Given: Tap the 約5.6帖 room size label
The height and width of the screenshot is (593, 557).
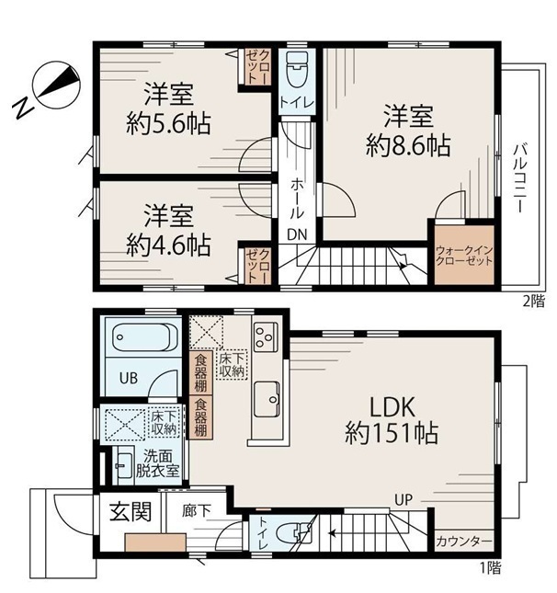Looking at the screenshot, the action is [x=168, y=123].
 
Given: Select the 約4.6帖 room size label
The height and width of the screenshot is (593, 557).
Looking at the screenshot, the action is [x=168, y=245].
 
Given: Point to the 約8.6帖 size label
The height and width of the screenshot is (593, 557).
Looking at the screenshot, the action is [x=408, y=145].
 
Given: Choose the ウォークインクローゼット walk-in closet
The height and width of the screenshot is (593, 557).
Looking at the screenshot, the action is [x=464, y=256].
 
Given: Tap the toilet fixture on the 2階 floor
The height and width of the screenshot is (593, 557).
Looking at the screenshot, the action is [x=298, y=70].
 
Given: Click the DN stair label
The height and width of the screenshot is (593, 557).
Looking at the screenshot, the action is [x=297, y=234].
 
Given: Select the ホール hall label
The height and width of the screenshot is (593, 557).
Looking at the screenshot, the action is [x=297, y=199].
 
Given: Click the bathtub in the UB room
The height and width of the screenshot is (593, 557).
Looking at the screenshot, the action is [x=145, y=337].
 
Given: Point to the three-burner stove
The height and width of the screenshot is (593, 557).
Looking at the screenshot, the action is [x=265, y=336].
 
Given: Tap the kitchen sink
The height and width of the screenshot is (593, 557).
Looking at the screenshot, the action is [x=267, y=399].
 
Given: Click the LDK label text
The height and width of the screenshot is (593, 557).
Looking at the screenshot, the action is [x=392, y=407].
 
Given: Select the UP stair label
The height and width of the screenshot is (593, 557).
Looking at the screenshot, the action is [x=404, y=499].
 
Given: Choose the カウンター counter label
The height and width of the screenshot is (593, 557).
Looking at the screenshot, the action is [x=464, y=542].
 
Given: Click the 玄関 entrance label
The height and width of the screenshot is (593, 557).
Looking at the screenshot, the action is [x=131, y=511].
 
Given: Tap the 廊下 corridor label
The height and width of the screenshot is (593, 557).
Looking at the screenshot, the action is [x=196, y=511].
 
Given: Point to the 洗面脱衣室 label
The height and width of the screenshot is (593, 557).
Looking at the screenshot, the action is [x=157, y=463].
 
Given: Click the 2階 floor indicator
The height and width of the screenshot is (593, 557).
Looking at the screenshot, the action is [x=533, y=301].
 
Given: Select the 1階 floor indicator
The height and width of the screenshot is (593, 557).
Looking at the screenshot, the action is [x=491, y=567].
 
